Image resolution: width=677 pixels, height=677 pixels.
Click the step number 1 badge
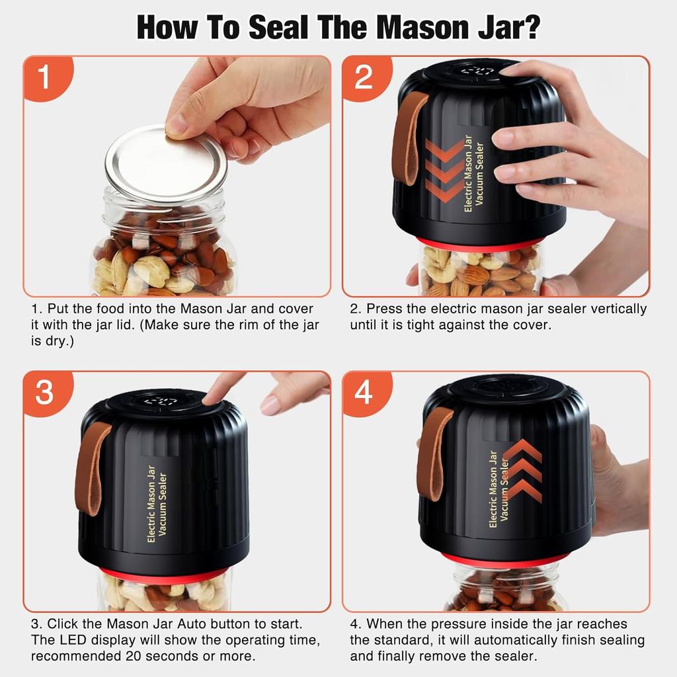tap(44, 77)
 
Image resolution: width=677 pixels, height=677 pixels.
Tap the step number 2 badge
tap(364, 77)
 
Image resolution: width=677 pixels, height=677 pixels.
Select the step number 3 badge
tap(44, 393)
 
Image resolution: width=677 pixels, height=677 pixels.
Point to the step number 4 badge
tap(364, 393)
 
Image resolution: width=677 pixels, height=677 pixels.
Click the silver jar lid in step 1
tap(165, 162)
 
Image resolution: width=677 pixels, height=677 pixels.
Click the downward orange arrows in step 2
tap(444, 171)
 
